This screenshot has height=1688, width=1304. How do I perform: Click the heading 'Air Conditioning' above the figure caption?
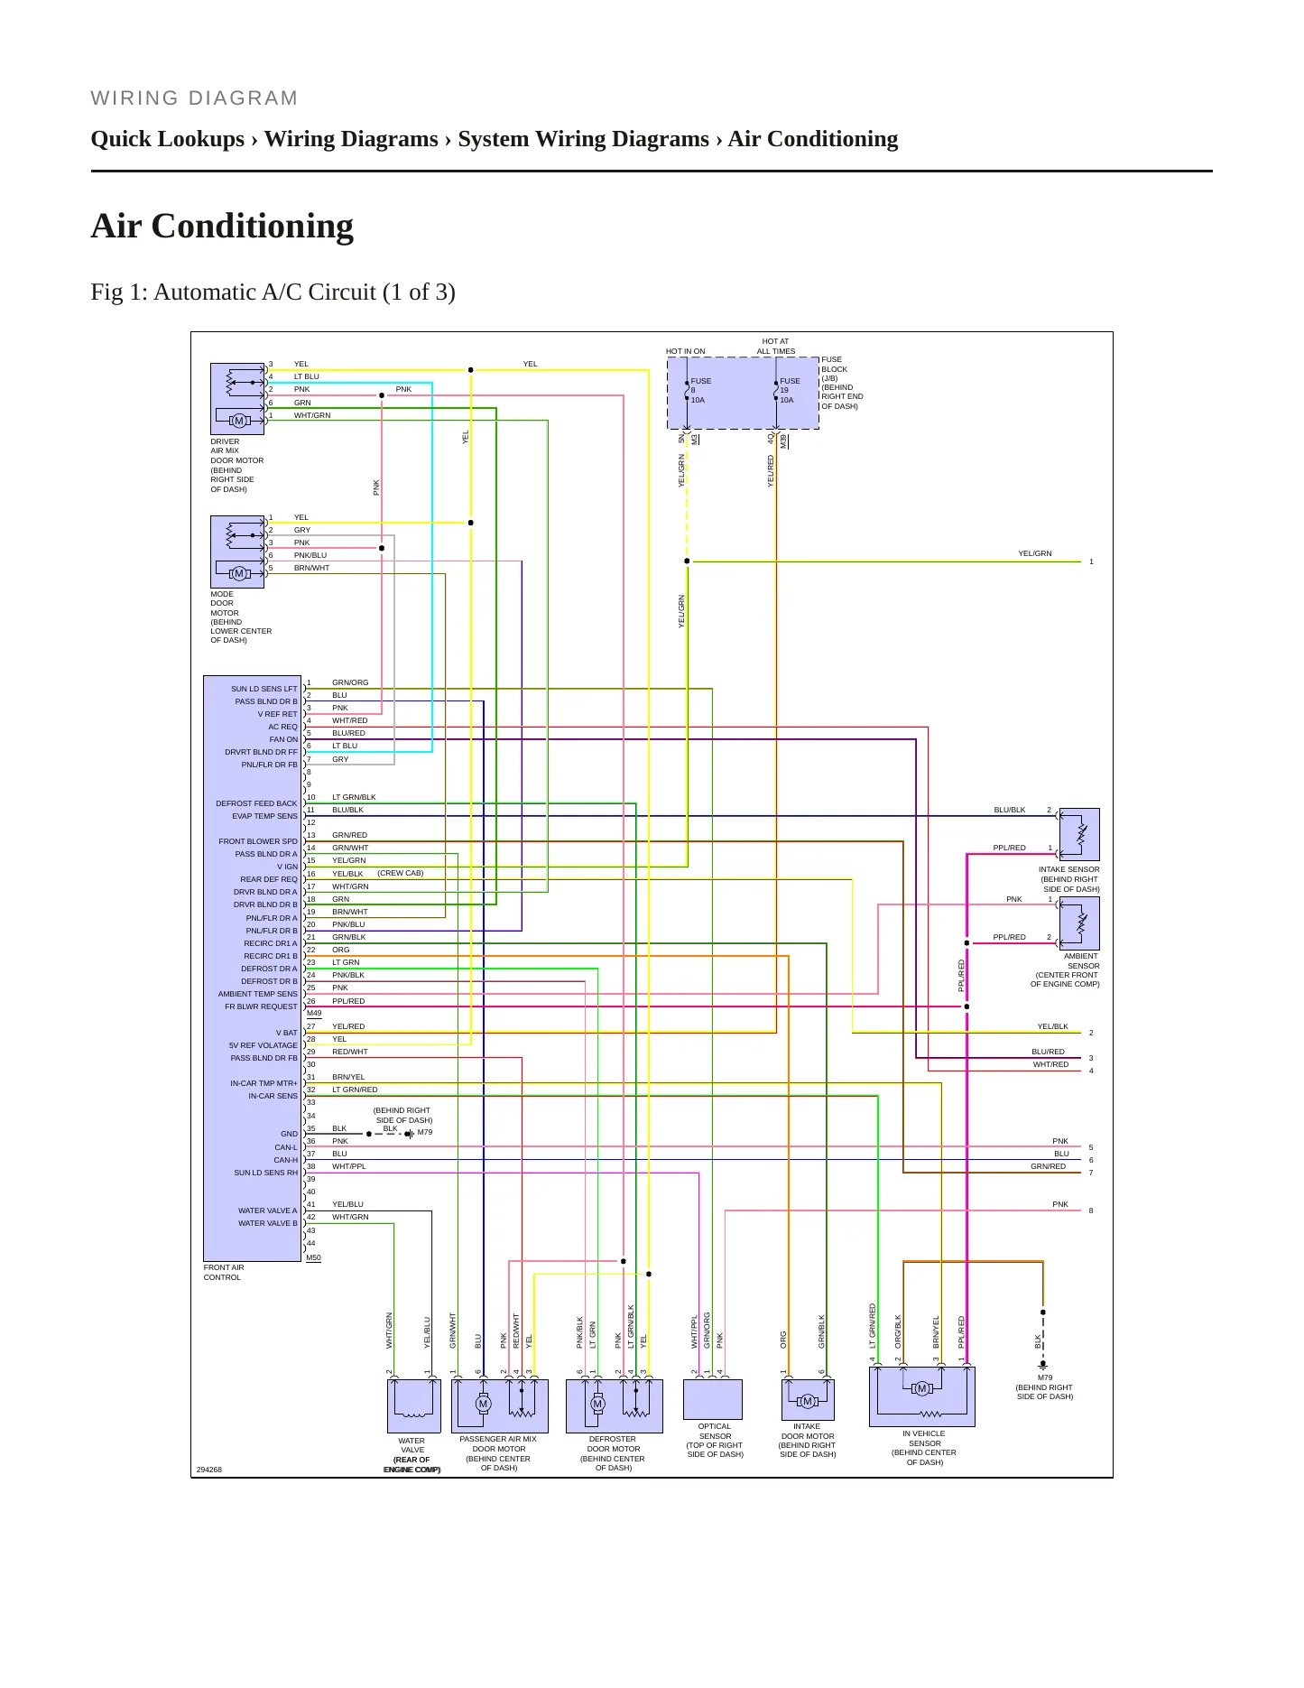(x=222, y=226)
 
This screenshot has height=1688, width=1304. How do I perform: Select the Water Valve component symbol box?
(x=413, y=1405)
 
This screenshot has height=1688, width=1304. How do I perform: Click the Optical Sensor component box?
(x=713, y=1399)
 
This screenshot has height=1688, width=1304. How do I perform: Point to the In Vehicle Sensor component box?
(x=921, y=1396)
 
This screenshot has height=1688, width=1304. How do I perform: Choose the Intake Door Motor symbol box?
(x=808, y=1400)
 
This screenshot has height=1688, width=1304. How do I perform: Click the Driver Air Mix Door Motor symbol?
(x=237, y=399)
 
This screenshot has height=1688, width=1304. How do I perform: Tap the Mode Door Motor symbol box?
(x=237, y=552)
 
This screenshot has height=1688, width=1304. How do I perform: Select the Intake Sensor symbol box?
(x=1079, y=834)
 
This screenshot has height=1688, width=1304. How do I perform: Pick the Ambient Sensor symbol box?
(x=1079, y=923)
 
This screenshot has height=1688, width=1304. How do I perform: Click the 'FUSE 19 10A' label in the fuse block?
(x=790, y=391)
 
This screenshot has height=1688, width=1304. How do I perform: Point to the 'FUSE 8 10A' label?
(x=700, y=391)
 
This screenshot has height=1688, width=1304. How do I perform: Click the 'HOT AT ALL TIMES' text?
(x=776, y=347)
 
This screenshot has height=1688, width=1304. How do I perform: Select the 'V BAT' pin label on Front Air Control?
(x=287, y=1033)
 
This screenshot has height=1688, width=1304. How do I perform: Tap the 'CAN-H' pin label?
(x=286, y=1160)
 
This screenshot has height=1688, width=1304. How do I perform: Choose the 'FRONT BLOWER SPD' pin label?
(x=258, y=841)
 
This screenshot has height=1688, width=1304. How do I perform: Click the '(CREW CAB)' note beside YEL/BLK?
(x=401, y=873)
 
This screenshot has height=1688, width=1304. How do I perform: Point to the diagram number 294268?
(x=209, y=1470)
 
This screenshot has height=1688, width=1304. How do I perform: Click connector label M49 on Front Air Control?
(x=314, y=1014)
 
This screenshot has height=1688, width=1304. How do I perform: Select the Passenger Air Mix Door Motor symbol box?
(x=500, y=1405)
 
